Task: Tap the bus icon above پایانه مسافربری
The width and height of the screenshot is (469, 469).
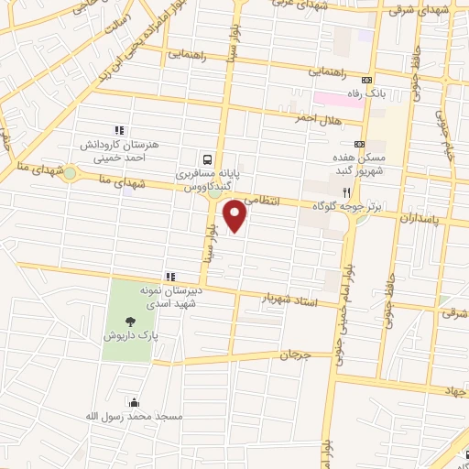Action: point(208,158)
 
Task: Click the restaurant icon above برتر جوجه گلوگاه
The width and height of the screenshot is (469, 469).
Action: point(346,191)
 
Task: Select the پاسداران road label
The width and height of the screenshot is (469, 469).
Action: point(422,220)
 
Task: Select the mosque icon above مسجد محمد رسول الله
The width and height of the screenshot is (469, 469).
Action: point(136,401)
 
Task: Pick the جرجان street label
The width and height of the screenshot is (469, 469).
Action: point(295,354)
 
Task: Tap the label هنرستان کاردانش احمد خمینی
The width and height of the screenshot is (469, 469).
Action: point(111,152)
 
